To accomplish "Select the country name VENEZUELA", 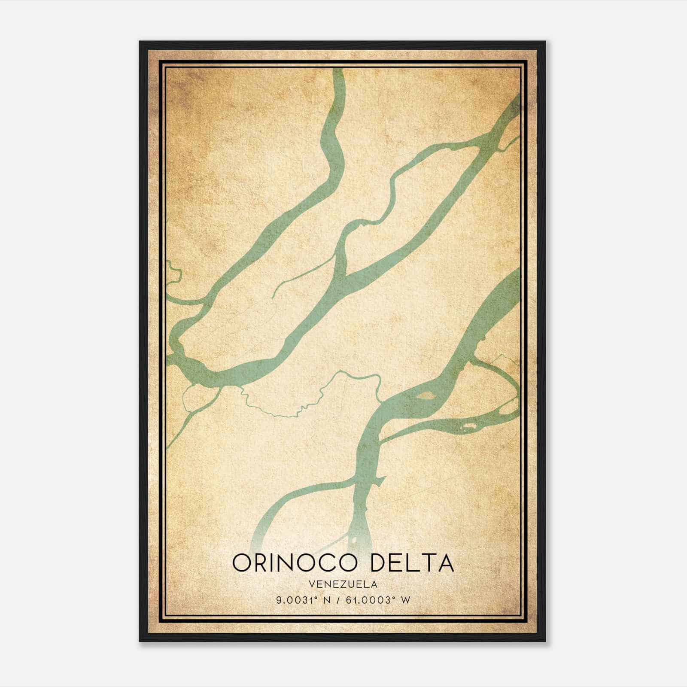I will pos(343,584).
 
